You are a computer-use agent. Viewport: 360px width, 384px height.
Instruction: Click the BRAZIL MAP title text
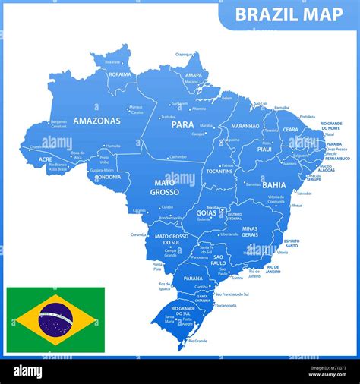[289, 14]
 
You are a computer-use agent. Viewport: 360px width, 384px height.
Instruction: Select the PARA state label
[182, 124]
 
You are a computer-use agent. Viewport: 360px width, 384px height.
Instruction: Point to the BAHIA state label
[273, 184]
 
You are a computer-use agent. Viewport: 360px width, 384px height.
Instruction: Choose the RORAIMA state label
[120, 74]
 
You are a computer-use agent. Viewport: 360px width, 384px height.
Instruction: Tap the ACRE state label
[45, 160]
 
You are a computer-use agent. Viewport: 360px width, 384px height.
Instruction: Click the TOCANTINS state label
[220, 172]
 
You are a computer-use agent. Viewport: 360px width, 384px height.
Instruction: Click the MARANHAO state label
[245, 126]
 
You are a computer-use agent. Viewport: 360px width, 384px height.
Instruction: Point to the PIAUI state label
[264, 149]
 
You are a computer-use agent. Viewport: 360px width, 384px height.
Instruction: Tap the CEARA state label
[291, 130]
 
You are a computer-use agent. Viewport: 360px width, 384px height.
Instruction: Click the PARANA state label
[193, 279]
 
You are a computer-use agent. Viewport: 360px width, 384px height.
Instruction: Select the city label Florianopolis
[226, 305]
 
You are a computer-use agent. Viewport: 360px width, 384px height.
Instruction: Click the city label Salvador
[283, 193]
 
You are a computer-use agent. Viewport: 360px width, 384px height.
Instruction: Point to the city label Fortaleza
[307, 117]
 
